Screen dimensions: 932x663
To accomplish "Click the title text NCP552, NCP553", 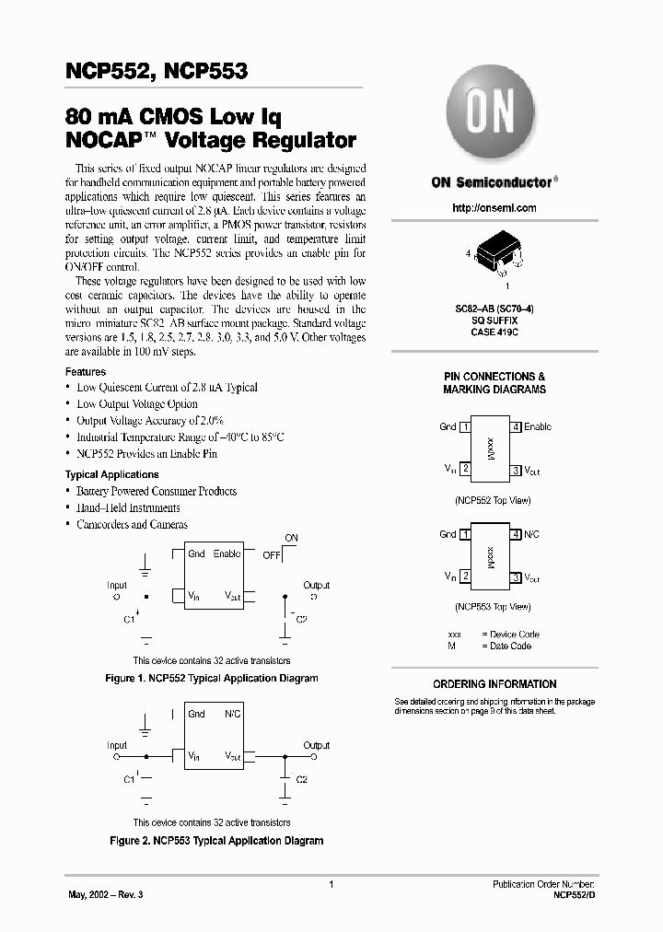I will click(x=157, y=71).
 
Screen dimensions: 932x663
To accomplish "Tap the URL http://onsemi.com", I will click(x=493, y=208).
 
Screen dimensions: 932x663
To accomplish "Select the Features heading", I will click(x=86, y=371).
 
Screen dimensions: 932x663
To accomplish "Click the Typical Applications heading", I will click(x=111, y=474).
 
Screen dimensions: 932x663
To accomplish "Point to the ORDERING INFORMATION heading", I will click(x=494, y=684).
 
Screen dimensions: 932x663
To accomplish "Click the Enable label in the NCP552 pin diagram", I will click(x=538, y=426).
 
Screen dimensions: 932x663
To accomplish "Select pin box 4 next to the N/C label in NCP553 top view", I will click(x=517, y=534).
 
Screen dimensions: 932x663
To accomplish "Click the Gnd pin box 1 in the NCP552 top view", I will click(x=466, y=426).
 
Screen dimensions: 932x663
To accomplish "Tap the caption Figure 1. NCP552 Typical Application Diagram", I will click(x=213, y=678).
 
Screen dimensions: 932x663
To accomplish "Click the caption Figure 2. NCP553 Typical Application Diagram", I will click(x=216, y=841).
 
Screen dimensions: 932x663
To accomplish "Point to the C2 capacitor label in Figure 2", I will click(x=301, y=779).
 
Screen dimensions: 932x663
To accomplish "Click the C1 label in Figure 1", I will click(x=129, y=621).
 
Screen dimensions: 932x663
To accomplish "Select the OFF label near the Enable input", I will click(x=272, y=555).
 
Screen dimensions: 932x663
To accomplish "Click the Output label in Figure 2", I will click(x=316, y=745).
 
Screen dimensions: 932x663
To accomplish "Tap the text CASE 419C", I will click(x=494, y=332).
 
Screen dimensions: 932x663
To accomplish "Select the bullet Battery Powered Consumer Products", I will click(x=157, y=491).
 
